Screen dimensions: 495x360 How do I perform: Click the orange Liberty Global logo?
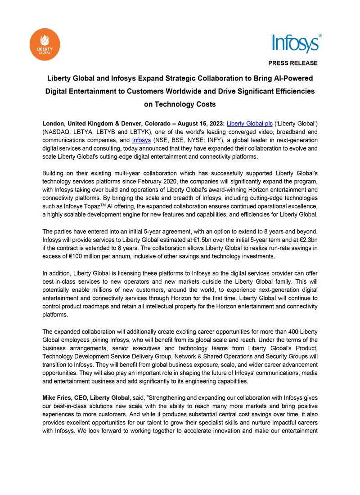45,45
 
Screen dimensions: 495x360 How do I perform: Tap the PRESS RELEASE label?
293,63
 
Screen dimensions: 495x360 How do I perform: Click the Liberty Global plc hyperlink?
250,123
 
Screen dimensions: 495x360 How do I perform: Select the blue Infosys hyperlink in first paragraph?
141,140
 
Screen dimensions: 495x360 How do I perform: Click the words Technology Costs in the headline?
185,104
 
